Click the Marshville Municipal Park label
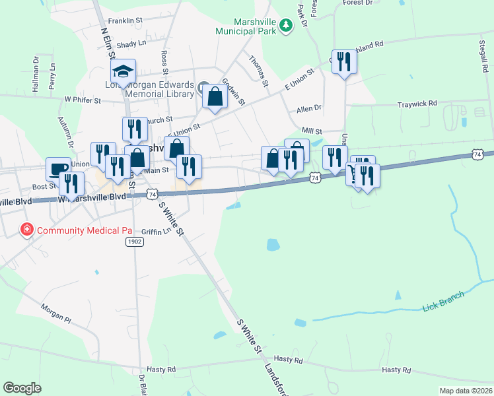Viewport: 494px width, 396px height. point(247,25)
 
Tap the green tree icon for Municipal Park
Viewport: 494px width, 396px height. point(285,26)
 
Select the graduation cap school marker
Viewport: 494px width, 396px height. point(123,71)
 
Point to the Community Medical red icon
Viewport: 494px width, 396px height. point(27,230)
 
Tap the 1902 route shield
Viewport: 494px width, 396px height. point(135,242)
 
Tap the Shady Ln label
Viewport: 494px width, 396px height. point(131,44)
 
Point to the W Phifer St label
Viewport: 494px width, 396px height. point(82,100)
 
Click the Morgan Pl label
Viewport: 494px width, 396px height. point(55,313)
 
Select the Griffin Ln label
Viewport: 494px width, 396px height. point(151,232)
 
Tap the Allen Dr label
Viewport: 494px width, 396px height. point(308,108)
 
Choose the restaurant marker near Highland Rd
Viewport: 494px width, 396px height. point(343,62)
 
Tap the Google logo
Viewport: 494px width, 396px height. point(22,388)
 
